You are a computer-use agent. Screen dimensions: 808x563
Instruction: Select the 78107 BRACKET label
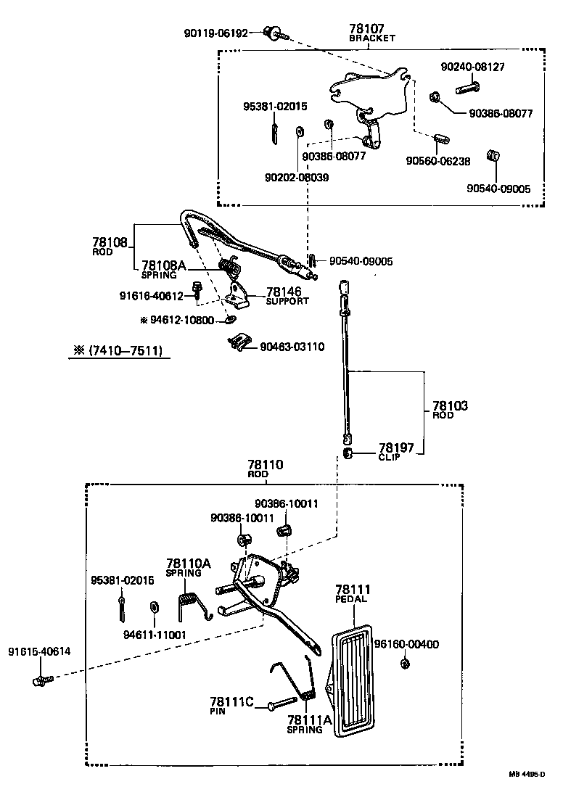pyautogui.click(x=371, y=33)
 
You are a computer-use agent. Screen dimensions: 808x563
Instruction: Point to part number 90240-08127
pyautogui.click(x=472, y=67)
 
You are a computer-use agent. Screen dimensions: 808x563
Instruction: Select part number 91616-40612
pyautogui.click(x=150, y=295)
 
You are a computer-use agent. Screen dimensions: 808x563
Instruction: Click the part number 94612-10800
pyautogui.click(x=181, y=319)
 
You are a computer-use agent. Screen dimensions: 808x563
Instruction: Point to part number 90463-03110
pyautogui.click(x=292, y=347)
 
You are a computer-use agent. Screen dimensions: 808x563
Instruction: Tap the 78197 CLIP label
pyautogui.click(x=395, y=451)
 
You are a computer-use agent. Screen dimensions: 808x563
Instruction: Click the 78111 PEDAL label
pyautogui.click(x=352, y=594)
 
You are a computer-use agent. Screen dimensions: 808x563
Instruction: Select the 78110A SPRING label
pyautogui.click(x=188, y=566)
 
